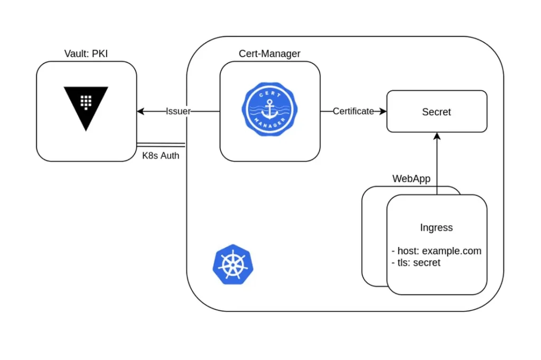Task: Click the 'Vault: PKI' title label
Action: [86, 53]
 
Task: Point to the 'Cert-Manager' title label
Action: [269, 53]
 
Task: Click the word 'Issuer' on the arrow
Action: [178, 111]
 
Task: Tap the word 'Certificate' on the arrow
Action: [353, 111]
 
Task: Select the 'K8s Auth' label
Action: [161, 156]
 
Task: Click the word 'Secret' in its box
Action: [436, 112]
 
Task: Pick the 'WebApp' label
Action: [411, 178]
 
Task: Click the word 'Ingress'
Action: [436, 228]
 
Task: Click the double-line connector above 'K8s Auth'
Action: [161, 145]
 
